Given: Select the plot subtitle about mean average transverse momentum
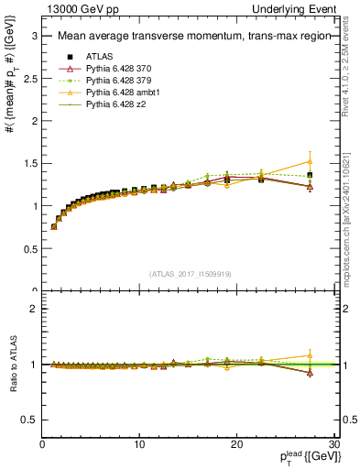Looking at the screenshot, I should [x=188, y=37].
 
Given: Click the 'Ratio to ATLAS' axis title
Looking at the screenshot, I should [x=13, y=365].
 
